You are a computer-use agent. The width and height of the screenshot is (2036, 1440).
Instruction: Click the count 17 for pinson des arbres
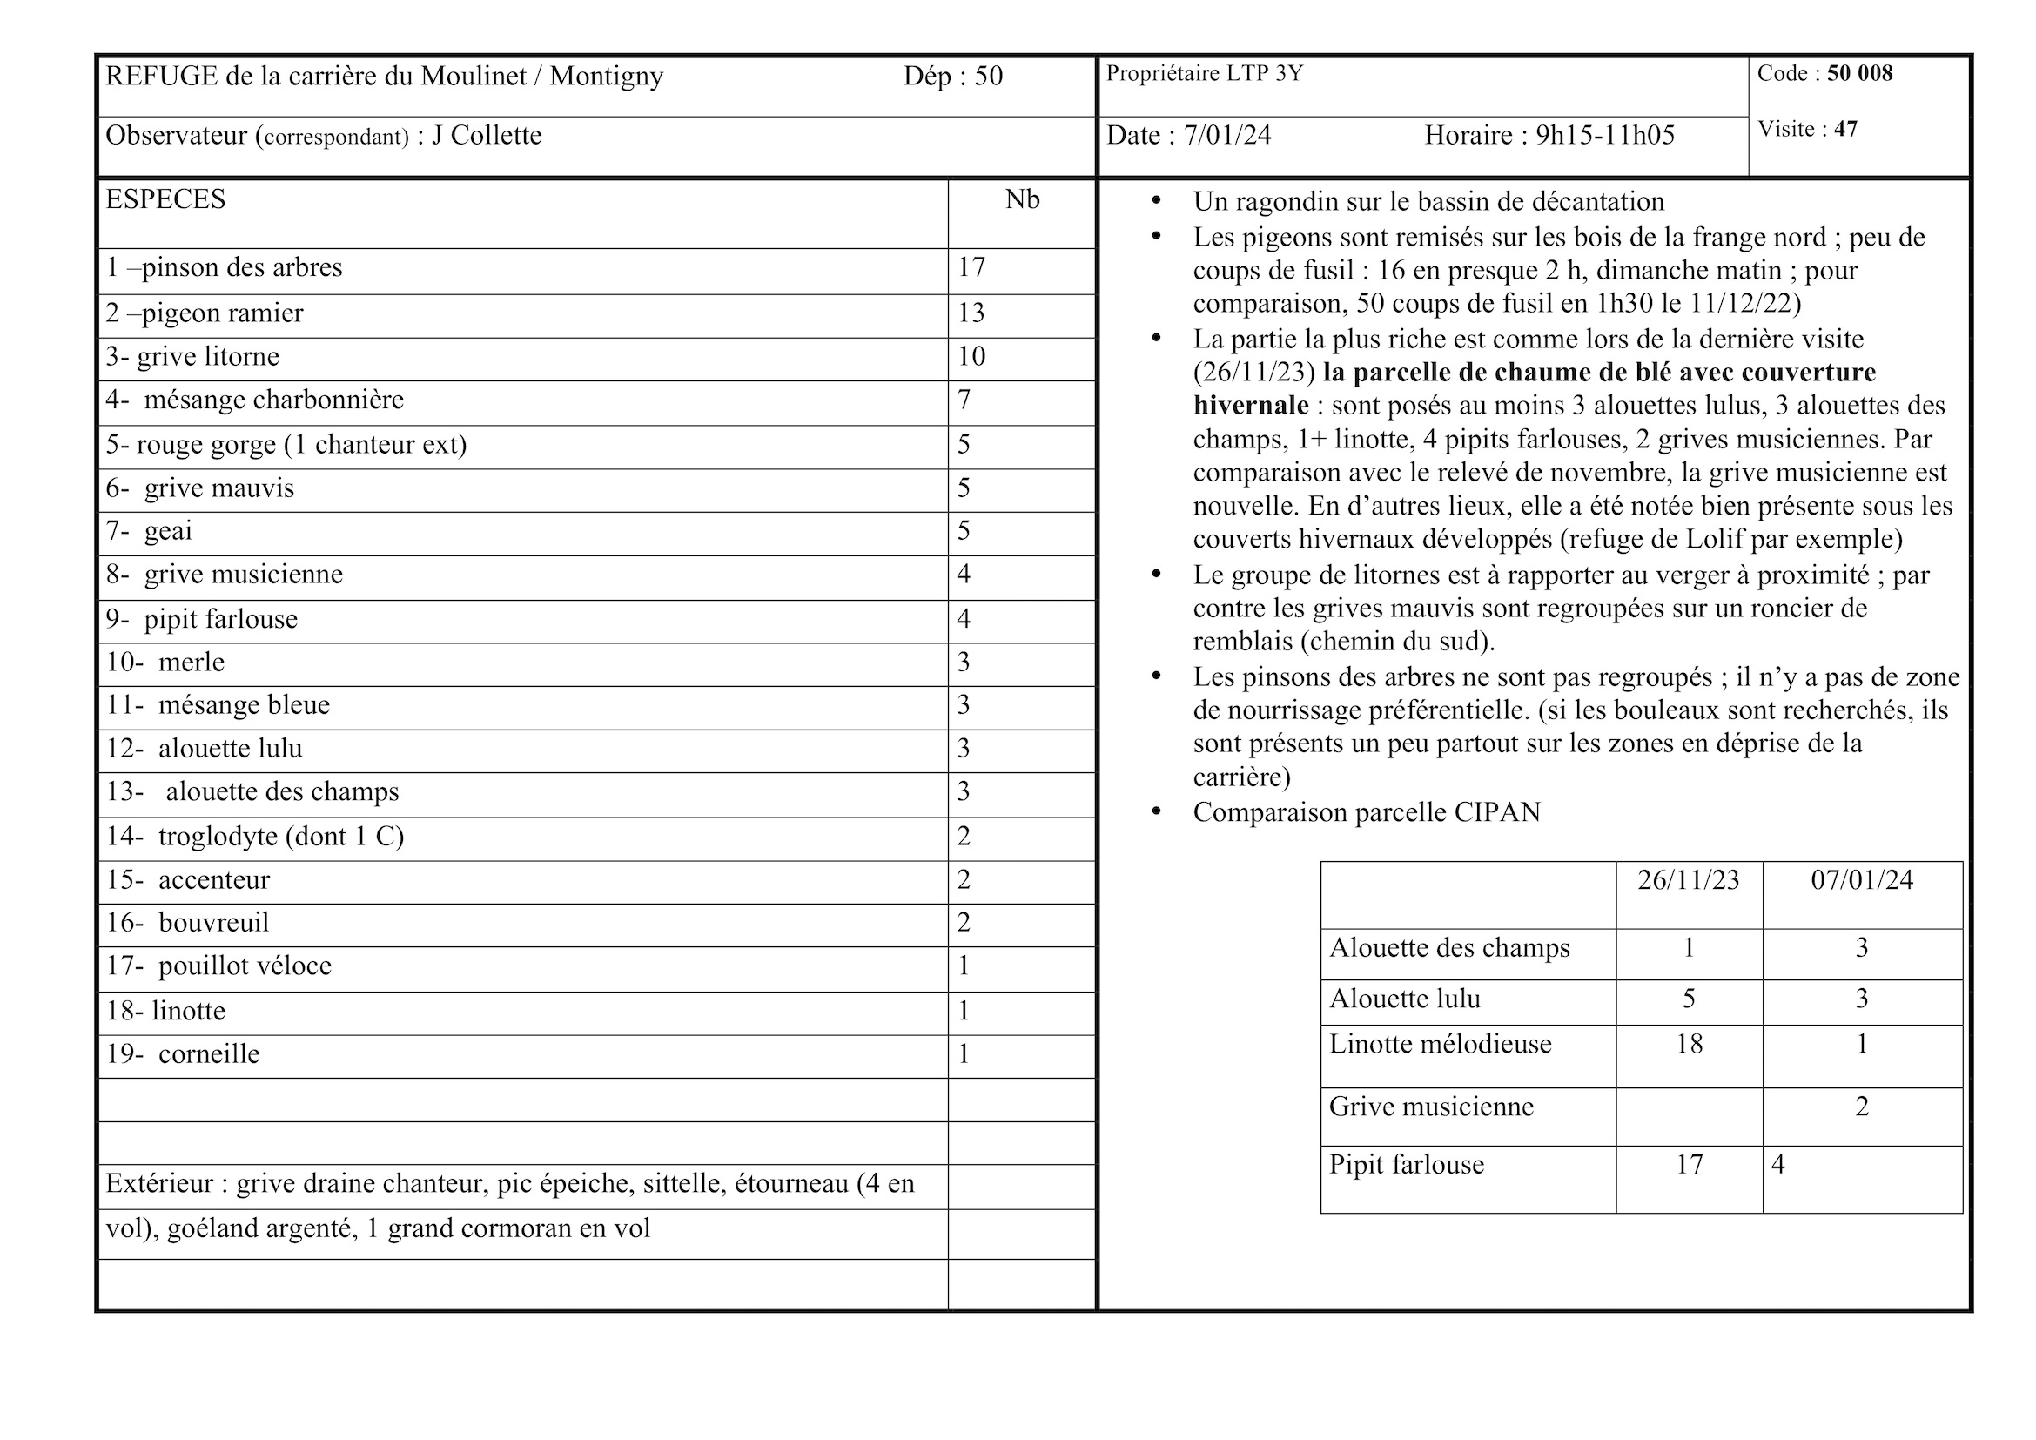point(971,268)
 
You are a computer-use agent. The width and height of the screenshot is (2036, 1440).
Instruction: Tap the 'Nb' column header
point(1022,199)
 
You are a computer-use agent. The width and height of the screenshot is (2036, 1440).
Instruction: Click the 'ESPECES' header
point(166,199)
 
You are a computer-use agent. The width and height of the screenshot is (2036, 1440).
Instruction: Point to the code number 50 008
point(1859,74)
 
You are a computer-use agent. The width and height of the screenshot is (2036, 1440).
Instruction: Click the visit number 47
point(1845,130)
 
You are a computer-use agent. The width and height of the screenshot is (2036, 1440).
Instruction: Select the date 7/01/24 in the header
point(1227,136)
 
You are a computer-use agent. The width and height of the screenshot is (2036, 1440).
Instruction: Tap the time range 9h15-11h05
point(1605,136)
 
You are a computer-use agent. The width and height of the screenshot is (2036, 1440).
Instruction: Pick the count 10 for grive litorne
point(971,356)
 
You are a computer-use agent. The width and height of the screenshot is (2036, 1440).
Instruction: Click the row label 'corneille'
point(208,1054)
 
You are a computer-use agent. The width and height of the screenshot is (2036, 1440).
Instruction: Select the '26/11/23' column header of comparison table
point(1689,880)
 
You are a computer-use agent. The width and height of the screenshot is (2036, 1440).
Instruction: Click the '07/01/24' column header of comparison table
point(1861,880)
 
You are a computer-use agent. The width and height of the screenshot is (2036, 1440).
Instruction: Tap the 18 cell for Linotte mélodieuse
point(1689,1044)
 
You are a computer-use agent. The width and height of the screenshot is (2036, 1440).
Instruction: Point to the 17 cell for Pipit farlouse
point(1689,1164)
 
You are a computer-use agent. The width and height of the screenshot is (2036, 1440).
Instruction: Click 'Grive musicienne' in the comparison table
point(1430,1107)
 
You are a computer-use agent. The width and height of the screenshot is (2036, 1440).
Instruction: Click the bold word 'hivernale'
point(1250,406)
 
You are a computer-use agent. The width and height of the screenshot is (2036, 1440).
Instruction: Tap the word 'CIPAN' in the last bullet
point(1497,812)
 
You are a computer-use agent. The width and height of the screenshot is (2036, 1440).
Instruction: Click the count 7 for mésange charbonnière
point(964,400)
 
